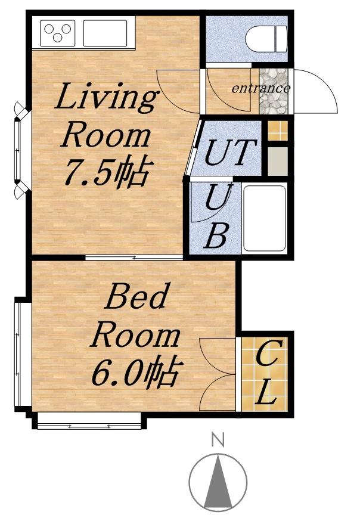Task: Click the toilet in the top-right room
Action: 266,39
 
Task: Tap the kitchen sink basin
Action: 105,33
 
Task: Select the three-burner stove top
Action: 57,33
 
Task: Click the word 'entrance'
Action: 261,88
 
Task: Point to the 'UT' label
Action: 230,152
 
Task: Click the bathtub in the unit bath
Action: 265,218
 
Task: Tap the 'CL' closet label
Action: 268,373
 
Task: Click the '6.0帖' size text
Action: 137,370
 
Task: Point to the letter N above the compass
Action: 218,440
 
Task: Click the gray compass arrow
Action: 218,481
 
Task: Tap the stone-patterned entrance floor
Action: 274,91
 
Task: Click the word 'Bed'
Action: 135,296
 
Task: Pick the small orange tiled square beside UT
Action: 278,131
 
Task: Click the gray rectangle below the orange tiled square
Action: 278,162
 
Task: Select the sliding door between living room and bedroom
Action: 134,257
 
